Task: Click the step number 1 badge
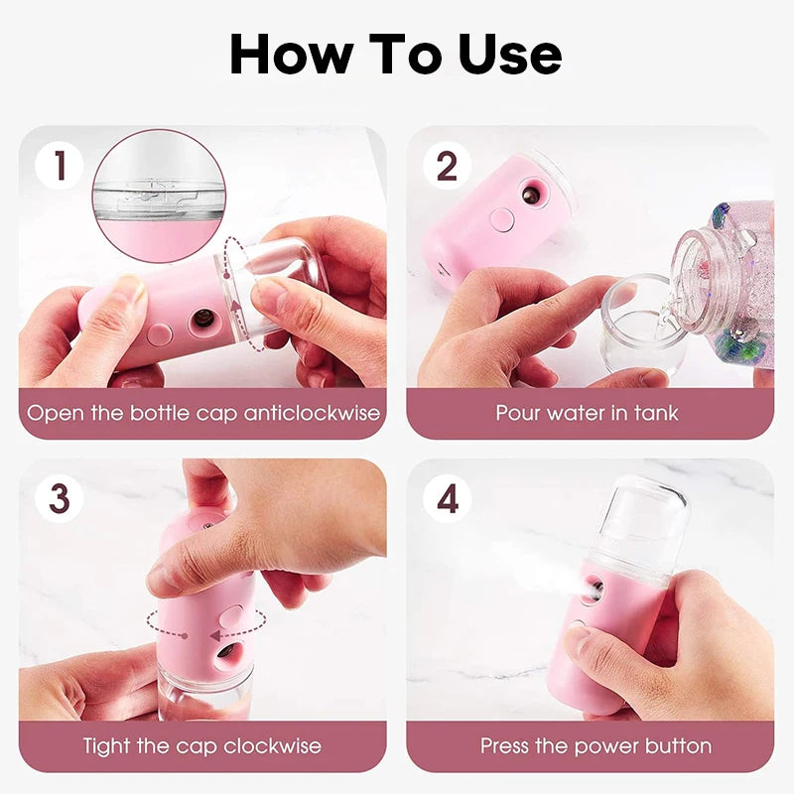click(60, 166)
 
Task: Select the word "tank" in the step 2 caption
click(657, 413)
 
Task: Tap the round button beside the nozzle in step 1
click(159, 330)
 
